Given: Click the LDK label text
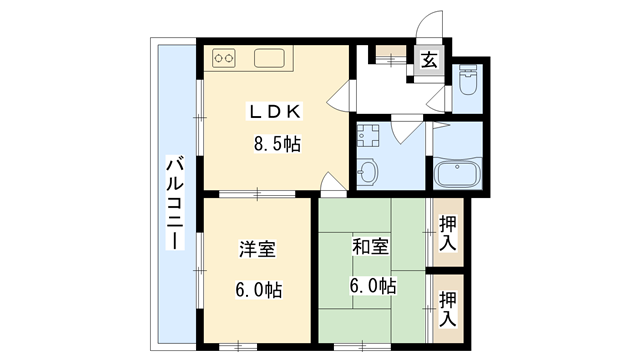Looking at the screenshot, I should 273,111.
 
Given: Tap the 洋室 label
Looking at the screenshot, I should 257,249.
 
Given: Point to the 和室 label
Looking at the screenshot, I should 370,246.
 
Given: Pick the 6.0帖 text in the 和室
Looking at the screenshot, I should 372,286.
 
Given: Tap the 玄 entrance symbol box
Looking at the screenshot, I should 429,61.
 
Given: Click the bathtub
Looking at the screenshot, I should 459,175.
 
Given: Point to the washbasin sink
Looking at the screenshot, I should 367,173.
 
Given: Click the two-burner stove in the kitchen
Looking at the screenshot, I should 225,57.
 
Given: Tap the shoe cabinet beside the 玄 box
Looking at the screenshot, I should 392,56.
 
